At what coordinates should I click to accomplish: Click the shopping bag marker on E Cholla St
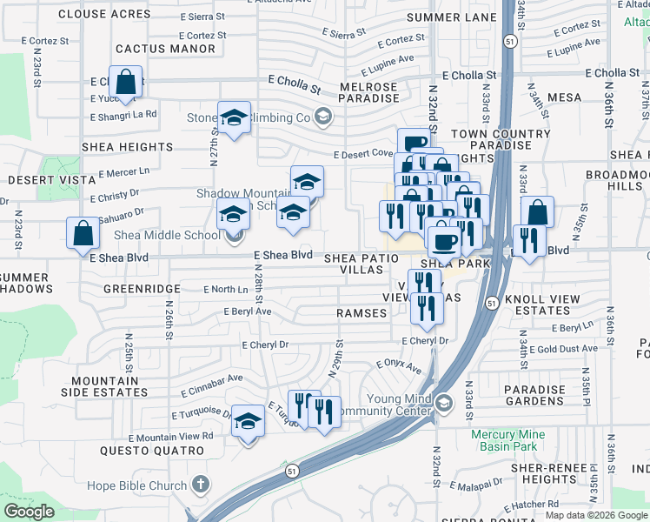[127, 82]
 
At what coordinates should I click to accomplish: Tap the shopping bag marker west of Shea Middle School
[83, 233]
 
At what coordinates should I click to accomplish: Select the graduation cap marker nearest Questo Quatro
[249, 422]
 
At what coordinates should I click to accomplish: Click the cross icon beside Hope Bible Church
[200, 485]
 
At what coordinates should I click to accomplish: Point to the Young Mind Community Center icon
[444, 403]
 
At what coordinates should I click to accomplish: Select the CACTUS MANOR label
[165, 49]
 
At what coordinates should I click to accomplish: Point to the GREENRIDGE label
[142, 288]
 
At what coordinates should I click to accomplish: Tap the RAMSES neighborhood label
[361, 312]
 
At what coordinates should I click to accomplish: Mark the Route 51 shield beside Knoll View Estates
[492, 302]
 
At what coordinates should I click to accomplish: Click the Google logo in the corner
[30, 512]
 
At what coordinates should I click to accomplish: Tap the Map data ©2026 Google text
[596, 515]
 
